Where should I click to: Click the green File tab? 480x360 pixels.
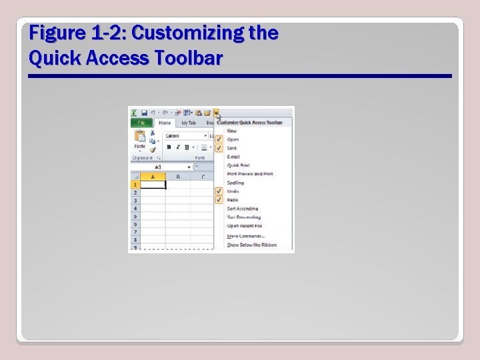[x=141, y=123]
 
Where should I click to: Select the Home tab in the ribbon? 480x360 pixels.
[x=164, y=123]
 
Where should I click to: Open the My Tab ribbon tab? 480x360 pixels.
[x=189, y=123]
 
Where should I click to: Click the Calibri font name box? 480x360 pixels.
[x=183, y=135]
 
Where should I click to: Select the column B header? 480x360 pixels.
[x=177, y=177]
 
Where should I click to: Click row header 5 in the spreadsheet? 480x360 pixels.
[x=135, y=216]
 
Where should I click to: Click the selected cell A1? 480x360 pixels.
[x=153, y=185]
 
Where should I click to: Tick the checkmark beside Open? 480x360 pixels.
[x=219, y=139]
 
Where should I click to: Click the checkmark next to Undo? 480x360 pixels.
[x=219, y=191]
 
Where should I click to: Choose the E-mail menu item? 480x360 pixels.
[x=233, y=157]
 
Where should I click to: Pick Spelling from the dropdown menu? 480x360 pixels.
[x=235, y=183]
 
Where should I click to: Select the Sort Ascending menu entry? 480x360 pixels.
[x=243, y=209]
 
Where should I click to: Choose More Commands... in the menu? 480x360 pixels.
[x=245, y=236]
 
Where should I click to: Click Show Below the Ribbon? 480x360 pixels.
[x=251, y=245]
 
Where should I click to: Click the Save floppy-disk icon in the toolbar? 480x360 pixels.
[x=144, y=113]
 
